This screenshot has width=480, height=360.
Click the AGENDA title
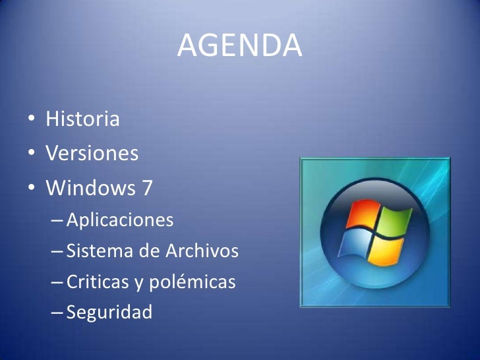pyautogui.click(x=239, y=45)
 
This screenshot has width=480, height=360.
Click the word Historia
pyautogui.click(x=82, y=120)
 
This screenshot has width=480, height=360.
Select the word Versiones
pyautogui.click(x=92, y=154)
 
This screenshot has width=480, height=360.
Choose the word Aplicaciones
pyautogui.click(x=120, y=220)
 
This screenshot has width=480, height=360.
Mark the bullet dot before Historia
pyautogui.click(x=32, y=121)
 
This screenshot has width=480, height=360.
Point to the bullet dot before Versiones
pyautogui.click(x=32, y=155)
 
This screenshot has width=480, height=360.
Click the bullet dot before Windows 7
pyautogui.click(x=32, y=189)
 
